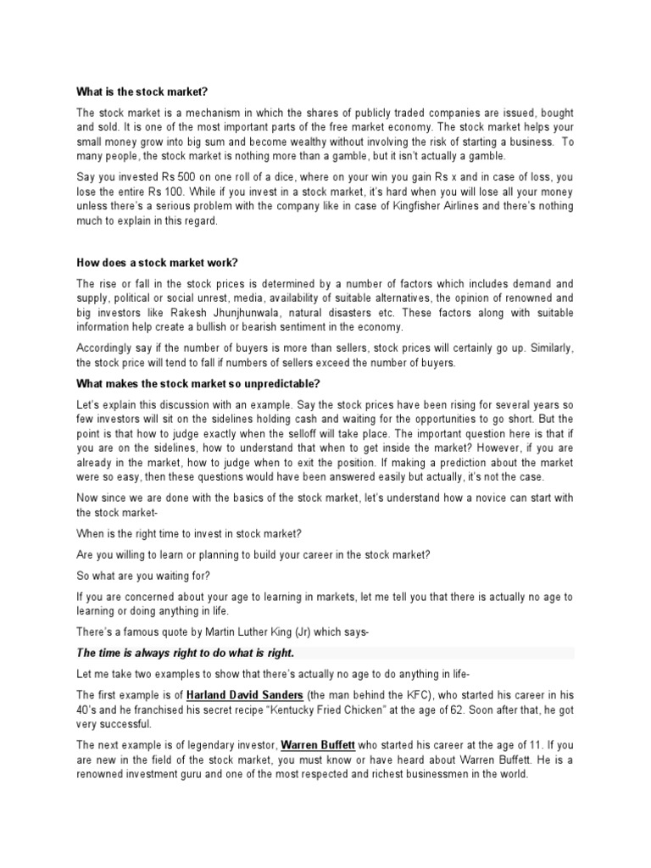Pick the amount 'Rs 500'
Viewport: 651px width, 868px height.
point(178,177)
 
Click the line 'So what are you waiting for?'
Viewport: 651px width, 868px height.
point(147,576)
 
